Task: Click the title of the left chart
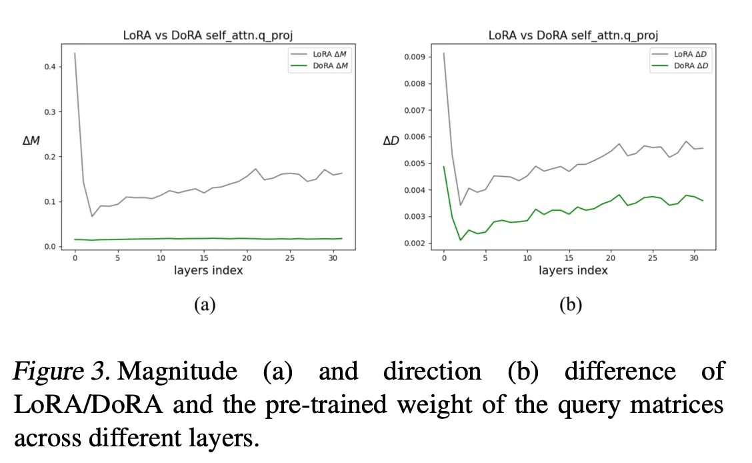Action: coord(208,35)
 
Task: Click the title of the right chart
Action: coord(573,35)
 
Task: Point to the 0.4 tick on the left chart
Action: coord(49,67)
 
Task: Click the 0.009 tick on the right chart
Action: coord(415,57)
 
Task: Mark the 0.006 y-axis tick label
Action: coord(415,137)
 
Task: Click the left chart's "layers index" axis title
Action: coord(208,270)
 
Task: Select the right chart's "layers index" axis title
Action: coord(573,270)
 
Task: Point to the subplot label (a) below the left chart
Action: coord(204,305)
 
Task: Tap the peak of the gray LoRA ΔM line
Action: coord(75,53)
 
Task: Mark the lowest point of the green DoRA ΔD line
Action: coord(461,240)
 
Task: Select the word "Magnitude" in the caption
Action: coord(177,372)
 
